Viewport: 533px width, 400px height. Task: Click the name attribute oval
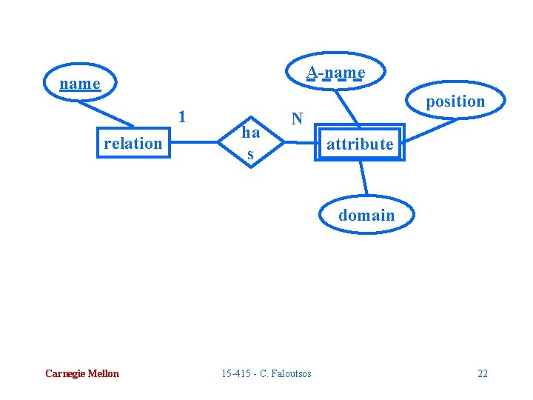tap(80, 84)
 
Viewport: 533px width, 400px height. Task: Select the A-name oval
tap(336, 72)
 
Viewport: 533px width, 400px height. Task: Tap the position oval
tap(455, 101)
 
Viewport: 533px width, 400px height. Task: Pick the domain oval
tap(366, 216)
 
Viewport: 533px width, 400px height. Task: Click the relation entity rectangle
tap(133, 143)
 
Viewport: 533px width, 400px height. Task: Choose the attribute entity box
tap(360, 144)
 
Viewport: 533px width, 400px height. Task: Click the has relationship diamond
tap(251, 142)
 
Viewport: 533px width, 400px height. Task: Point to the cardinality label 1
tap(182, 116)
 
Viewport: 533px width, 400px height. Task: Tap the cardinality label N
tap(297, 119)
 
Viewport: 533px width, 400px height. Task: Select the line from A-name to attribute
tap(348, 108)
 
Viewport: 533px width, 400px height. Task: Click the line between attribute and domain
tap(363, 178)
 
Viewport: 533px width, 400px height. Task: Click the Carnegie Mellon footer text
tap(81, 373)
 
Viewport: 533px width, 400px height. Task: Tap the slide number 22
tap(483, 373)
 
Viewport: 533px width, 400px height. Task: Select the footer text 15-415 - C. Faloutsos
tap(266, 373)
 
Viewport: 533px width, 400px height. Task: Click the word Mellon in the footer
tap(102, 373)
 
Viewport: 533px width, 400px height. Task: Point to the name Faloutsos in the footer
tap(292, 373)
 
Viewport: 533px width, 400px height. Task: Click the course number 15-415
tap(235, 373)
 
